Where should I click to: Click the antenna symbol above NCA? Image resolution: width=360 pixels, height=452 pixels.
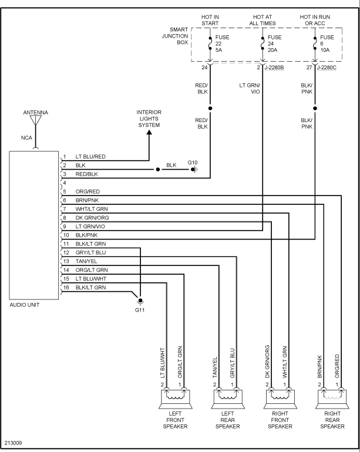[36, 121]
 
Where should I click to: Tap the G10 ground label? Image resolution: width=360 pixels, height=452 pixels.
[193, 162]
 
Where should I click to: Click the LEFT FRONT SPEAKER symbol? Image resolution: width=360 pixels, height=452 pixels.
[175, 399]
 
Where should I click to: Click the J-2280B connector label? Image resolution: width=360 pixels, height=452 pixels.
[274, 68]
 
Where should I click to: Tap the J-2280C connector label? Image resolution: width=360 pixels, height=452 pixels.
[327, 68]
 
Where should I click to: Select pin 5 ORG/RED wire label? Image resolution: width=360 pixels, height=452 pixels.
[88, 191]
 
